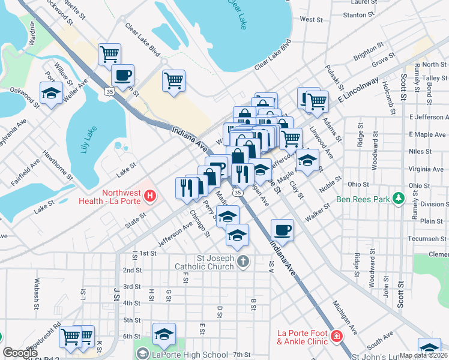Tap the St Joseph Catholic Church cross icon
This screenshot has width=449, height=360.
(x=243, y=260)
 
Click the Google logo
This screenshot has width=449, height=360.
(x=20, y=353)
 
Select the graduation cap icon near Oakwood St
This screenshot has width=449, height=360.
(x=51, y=93)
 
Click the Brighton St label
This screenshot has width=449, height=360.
(x=369, y=51)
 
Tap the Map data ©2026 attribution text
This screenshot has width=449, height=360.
(x=424, y=355)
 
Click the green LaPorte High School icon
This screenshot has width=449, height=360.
(x=142, y=355)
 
